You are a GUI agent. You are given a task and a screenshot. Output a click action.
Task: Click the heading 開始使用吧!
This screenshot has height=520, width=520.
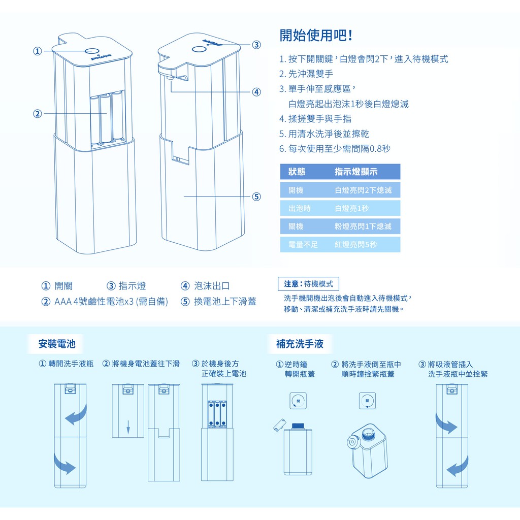click(x=316, y=36)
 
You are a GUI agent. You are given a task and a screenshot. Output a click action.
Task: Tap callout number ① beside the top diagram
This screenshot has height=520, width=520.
click(x=37, y=51)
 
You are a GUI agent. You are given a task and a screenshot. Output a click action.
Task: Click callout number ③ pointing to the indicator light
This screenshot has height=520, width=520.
click(x=256, y=45)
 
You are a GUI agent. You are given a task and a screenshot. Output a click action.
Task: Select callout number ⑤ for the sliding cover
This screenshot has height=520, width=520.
click(x=256, y=197)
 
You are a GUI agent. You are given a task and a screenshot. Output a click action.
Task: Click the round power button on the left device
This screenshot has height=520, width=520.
click(x=91, y=51)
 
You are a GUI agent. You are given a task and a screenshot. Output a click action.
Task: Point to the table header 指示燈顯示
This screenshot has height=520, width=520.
click(x=355, y=172)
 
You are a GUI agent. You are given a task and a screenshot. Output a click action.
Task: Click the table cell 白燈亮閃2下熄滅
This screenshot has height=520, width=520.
click(x=363, y=190)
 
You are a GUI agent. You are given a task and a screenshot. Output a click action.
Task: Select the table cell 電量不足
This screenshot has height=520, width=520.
click(x=303, y=244)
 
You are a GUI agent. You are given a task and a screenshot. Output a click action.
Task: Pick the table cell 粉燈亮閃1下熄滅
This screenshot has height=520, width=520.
click(x=363, y=226)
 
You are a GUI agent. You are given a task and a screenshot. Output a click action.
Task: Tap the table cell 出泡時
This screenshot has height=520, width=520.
click(x=299, y=208)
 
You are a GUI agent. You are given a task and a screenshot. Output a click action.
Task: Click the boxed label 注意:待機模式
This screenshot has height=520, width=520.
click(x=308, y=284)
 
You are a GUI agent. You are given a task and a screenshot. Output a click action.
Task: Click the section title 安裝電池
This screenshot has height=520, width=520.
click(x=57, y=344)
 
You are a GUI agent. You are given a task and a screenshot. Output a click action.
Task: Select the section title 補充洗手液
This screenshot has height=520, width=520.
click(x=300, y=344)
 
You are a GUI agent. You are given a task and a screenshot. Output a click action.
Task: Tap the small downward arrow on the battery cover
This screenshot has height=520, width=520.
click(x=128, y=426)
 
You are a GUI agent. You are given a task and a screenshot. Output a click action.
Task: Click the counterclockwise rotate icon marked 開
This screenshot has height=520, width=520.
click(x=298, y=400)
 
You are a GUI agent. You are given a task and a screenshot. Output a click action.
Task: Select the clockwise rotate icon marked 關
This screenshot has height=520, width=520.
click(x=367, y=400)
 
